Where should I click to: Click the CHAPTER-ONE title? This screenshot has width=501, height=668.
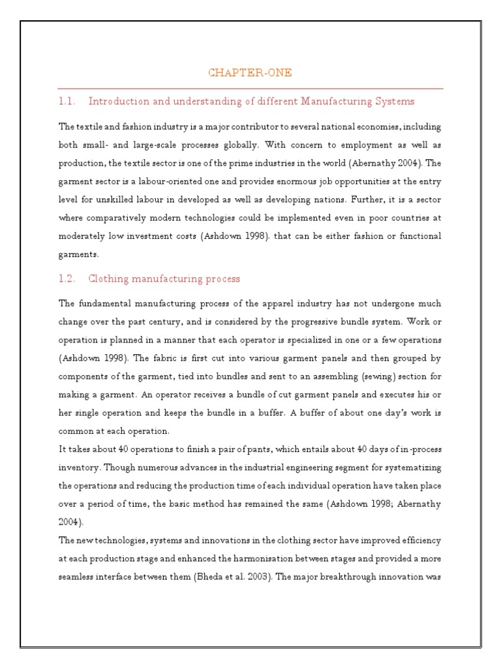[x=250, y=72]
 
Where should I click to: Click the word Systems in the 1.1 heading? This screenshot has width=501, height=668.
[x=394, y=101]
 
